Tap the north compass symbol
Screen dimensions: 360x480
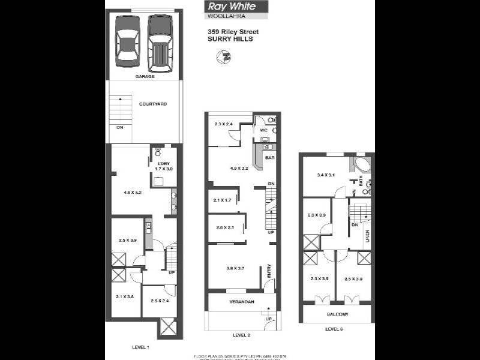click(x=222, y=57)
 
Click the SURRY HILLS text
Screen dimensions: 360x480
click(x=230, y=39)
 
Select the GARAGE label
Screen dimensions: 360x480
click(x=145, y=77)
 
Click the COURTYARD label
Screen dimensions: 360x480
click(x=152, y=104)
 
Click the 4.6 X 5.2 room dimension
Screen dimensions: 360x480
click(x=133, y=193)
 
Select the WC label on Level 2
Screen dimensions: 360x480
click(x=263, y=130)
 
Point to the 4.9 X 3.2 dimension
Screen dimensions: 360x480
click(x=238, y=170)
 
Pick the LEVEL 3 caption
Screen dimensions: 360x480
click(x=334, y=329)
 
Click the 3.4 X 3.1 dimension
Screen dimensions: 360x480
click(x=325, y=175)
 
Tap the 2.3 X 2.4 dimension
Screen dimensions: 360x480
click(x=223, y=124)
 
